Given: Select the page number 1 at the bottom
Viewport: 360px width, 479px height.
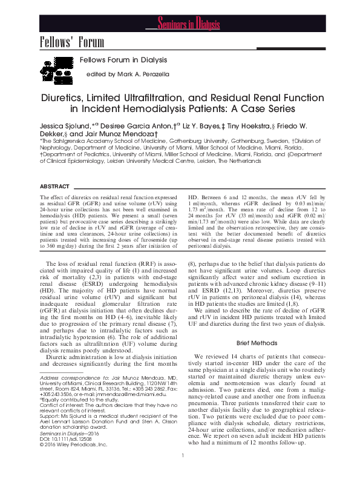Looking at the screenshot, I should (x=182, y=472).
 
